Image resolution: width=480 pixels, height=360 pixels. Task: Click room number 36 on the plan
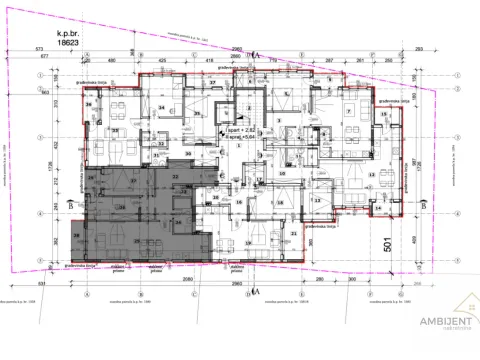click(89, 102)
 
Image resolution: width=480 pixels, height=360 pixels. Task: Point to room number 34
click(161, 106)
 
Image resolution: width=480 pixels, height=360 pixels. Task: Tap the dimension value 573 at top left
click(39, 47)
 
